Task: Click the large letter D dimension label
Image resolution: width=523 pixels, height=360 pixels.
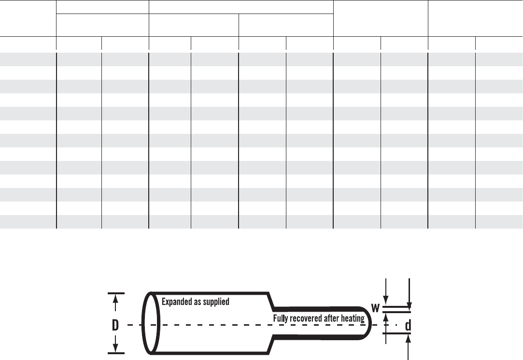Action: point(115,325)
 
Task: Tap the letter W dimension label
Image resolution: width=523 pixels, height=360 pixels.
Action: point(375,308)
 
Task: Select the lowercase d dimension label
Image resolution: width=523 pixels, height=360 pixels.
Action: point(408,325)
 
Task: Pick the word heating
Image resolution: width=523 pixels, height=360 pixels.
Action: point(353,318)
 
